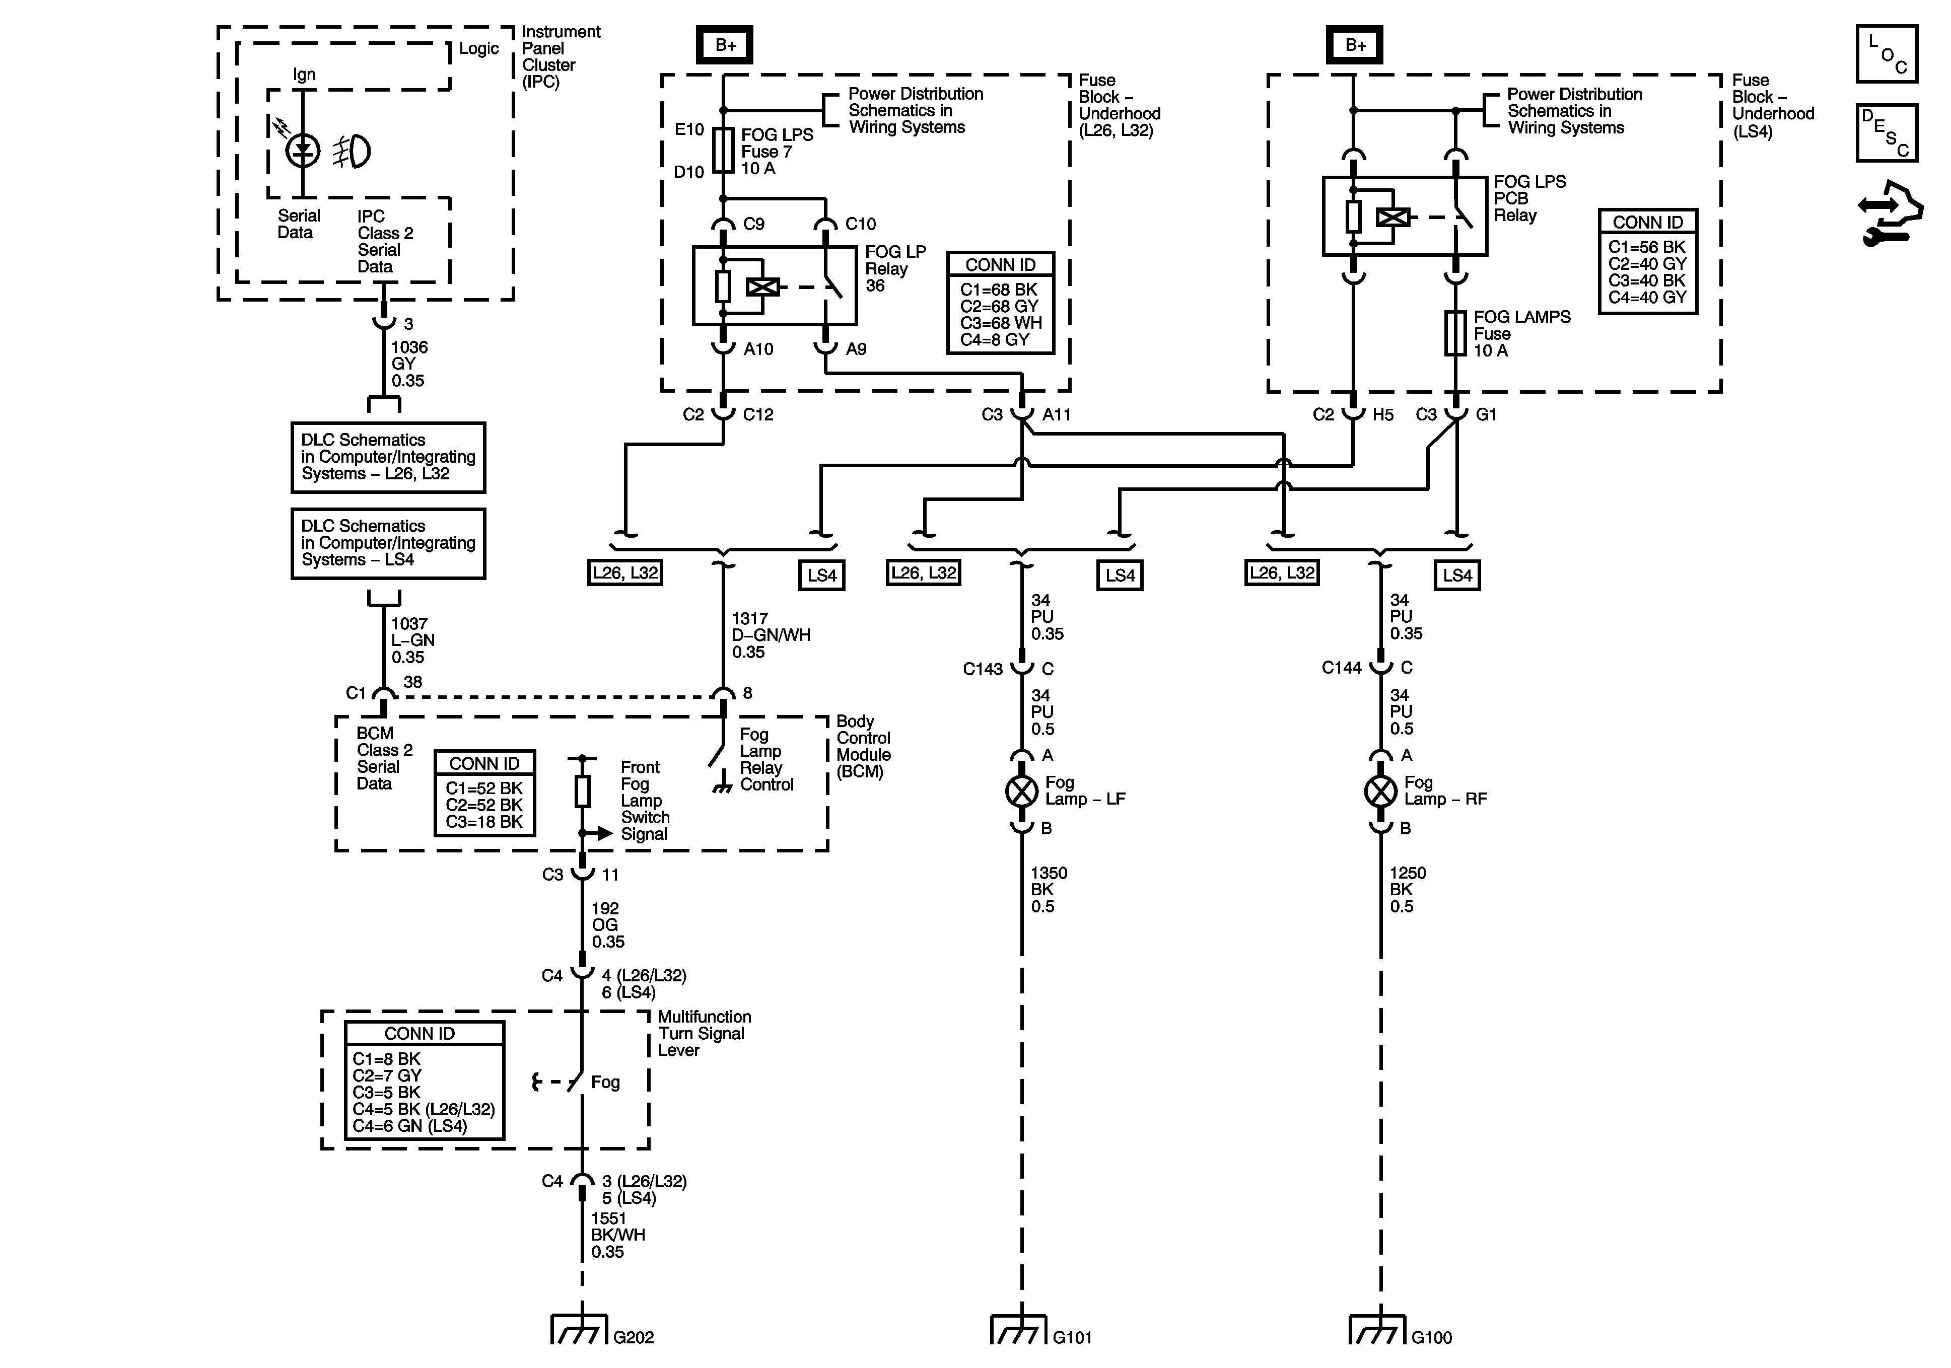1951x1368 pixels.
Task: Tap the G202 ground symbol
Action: click(x=580, y=1330)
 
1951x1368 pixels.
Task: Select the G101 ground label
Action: click(x=1072, y=1337)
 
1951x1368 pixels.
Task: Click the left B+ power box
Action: click(x=724, y=45)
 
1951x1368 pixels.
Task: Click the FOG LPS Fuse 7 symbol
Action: click(x=723, y=151)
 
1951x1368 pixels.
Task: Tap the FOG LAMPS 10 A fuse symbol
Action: click(x=1455, y=333)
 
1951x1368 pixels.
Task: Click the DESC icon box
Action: click(x=1887, y=132)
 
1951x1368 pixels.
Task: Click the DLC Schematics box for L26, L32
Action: click(x=388, y=457)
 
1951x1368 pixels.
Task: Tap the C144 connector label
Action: click(x=1341, y=668)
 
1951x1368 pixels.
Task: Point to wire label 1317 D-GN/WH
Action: click(x=770, y=635)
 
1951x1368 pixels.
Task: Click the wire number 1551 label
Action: click(x=608, y=1218)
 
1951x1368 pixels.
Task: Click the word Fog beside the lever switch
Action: click(x=605, y=1083)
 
